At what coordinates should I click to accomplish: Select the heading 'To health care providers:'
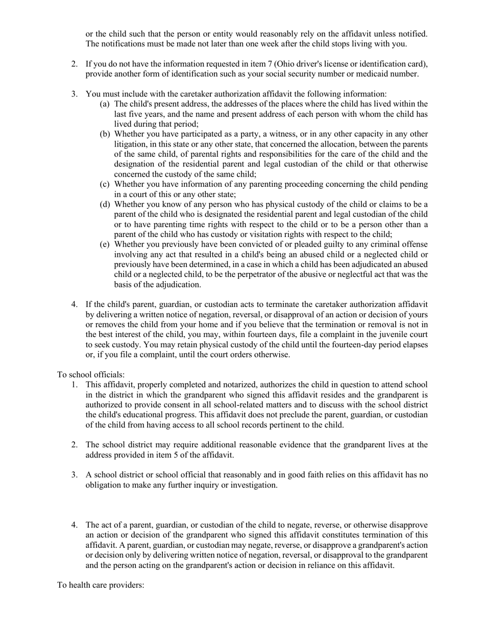pyautogui.click(x=101, y=585)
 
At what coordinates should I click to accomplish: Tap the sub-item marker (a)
pyautogui.click(x=105, y=104)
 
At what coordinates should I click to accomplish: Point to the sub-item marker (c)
pyautogui.click(x=105, y=184)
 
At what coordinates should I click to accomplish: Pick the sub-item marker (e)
pyautogui.click(x=105, y=245)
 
